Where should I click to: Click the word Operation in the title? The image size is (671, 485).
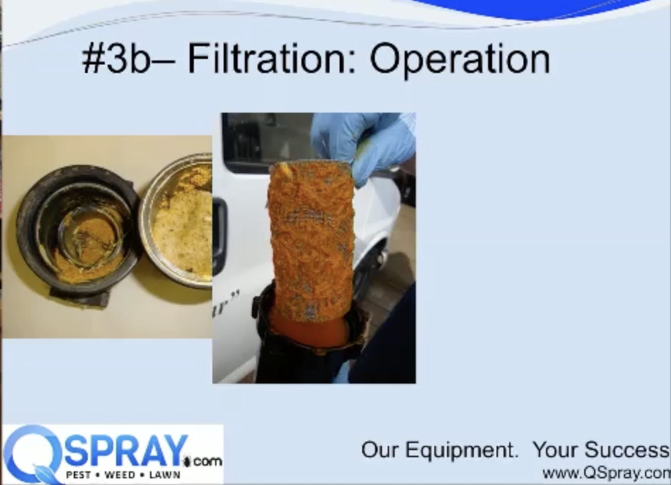[460, 61]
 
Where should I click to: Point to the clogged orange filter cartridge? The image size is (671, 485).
[311, 238]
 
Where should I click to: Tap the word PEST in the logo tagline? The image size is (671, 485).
[79, 475]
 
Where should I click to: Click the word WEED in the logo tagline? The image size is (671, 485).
[120, 475]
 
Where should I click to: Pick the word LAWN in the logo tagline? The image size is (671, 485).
[165, 475]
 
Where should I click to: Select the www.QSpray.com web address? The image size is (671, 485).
[606, 474]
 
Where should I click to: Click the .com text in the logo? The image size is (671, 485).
[207, 461]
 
